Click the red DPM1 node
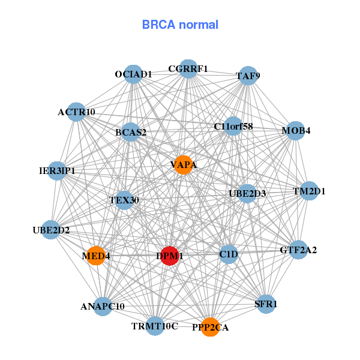170,256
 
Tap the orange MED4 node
96,256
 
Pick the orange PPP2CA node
210,327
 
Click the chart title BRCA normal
180,25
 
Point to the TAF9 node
248,76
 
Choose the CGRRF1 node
188,69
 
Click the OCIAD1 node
133,74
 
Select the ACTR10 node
76,112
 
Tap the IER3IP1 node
57,171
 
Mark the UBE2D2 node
51,230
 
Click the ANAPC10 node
103,306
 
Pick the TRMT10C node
155,326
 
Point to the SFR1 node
266,304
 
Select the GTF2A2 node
298,250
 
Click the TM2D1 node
309,191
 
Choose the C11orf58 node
233,127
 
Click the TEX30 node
124,200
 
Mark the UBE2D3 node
247,194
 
